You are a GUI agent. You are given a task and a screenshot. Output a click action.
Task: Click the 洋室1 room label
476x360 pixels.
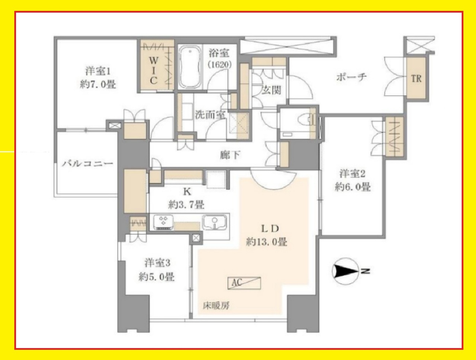tap(98, 71)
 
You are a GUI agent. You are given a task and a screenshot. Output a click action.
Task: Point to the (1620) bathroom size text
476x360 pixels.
tap(219, 65)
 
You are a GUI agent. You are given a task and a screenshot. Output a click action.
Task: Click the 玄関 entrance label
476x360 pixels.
tap(271, 90)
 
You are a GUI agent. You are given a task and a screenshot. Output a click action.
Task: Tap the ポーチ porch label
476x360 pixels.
tap(351, 77)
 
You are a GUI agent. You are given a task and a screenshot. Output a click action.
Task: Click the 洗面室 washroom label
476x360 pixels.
tap(211, 115)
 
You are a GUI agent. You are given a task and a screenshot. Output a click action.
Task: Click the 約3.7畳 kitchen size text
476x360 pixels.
tap(186, 204)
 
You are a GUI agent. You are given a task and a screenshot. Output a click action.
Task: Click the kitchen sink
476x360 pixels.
tap(215, 223)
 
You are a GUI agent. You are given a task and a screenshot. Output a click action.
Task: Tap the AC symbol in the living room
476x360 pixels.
tap(244, 283)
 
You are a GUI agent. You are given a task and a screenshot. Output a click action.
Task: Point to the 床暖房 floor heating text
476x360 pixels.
tap(216, 306)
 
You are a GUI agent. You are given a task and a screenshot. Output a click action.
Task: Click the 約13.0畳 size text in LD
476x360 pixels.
tap(267, 242)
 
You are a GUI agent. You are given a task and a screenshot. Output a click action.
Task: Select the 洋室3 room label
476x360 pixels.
tap(157, 263)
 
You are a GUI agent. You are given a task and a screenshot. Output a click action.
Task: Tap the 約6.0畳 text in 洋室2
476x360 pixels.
tap(353, 187)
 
